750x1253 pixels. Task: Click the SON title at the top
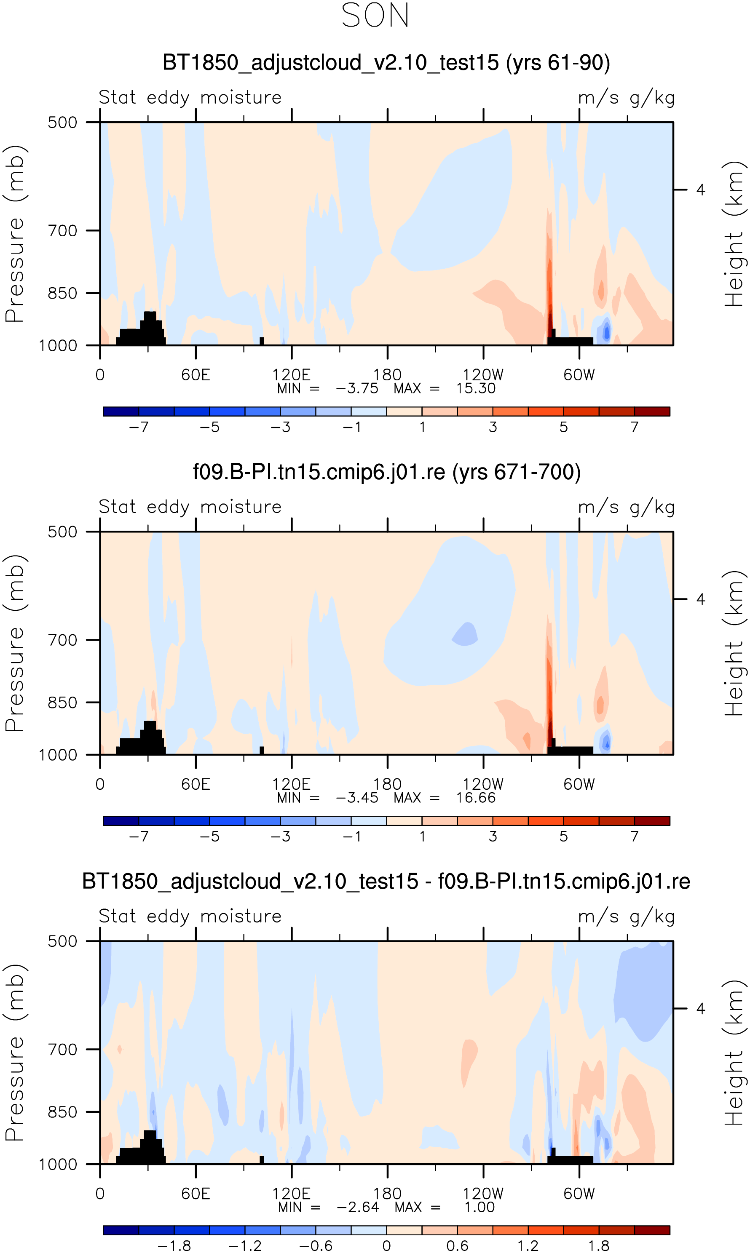[375, 16]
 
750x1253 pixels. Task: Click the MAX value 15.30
[476, 388]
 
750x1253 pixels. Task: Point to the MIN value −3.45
[357, 798]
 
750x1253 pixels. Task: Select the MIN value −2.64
[358, 1207]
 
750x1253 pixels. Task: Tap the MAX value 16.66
[476, 798]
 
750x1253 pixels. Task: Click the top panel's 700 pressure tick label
[63, 231]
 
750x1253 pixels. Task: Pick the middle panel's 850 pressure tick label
[63, 703]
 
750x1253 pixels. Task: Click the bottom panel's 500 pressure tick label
[63, 941]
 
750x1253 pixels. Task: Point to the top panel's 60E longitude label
[196, 375]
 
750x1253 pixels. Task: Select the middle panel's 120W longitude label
[483, 784]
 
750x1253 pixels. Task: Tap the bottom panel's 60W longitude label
[579, 1194]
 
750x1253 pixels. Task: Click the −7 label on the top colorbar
[139, 427]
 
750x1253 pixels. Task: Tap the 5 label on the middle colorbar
[563, 837]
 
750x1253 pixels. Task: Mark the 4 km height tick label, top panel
[700, 190]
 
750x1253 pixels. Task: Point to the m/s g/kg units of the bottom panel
[626, 916]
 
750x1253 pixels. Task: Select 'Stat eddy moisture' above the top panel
[190, 97]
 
